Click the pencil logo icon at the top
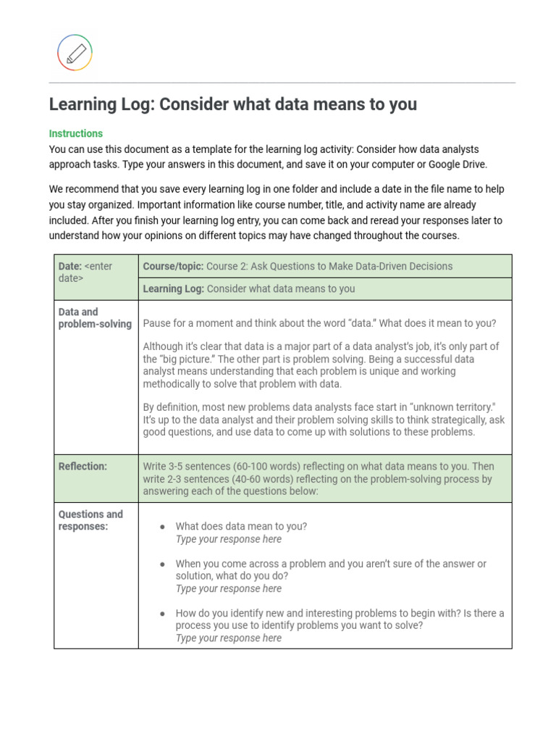[75, 53]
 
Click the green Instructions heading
[76, 133]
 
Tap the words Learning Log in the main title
[101, 104]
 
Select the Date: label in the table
[70, 266]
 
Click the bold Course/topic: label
[173, 266]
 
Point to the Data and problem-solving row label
[95, 317]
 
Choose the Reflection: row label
[83, 466]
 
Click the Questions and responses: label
[90, 520]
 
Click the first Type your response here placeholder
[228, 539]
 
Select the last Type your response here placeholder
[228, 638]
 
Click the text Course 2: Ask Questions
[264, 266]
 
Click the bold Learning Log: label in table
[174, 288]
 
